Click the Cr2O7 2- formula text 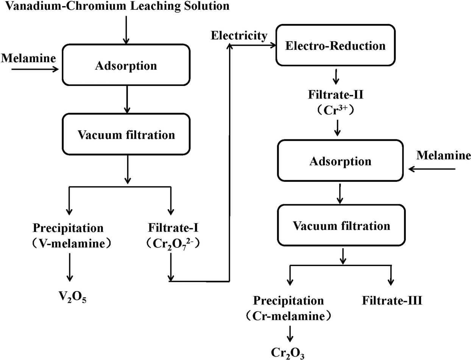pyautogui.click(x=172, y=243)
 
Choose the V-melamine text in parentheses pyautogui.click(x=68, y=243)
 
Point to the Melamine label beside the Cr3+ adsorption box pyautogui.click(x=443, y=156)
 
